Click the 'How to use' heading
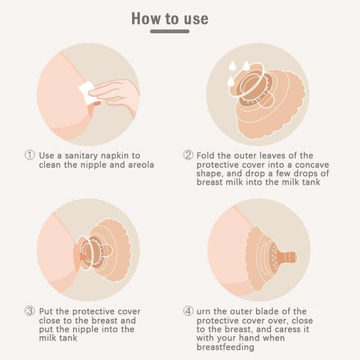170,18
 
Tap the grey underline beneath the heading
170,31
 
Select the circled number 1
30,155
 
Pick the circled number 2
188,155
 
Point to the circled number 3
30,311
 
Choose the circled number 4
188,311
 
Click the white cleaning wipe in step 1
87,94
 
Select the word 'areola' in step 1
141,165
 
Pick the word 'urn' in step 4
203,312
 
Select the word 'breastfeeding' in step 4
225,347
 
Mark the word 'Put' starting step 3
46,311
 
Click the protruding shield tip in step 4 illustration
289,256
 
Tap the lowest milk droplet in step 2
231,82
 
